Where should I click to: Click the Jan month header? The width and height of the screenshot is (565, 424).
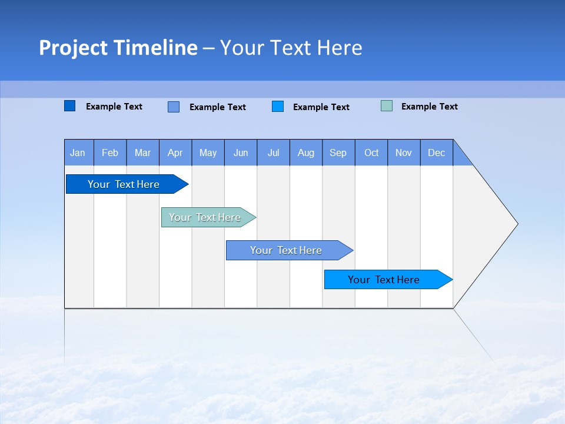pos(78,153)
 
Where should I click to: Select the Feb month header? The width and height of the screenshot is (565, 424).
pos(110,153)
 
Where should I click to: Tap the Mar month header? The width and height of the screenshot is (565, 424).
pos(142,153)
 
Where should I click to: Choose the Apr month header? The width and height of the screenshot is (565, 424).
pos(175,153)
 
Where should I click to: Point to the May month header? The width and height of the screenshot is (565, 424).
pos(208,153)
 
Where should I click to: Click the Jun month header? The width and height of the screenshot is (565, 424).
pos(241,153)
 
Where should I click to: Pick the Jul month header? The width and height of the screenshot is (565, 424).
pos(273,153)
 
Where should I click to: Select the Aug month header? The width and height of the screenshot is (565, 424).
pos(306,153)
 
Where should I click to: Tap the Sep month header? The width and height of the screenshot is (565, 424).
pos(338,153)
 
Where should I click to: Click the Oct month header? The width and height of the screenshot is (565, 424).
pos(371,153)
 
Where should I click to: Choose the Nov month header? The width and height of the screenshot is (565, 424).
pos(404,153)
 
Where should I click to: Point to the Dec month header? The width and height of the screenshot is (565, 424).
pos(437,153)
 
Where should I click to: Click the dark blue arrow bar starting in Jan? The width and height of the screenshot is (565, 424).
pos(124,184)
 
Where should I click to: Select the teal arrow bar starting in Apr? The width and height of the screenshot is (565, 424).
pos(205,217)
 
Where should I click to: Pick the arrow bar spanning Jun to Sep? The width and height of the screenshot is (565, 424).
pos(287,250)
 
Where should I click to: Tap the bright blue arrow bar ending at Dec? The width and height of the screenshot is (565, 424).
pos(384,280)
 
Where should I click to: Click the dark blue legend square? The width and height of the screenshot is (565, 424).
pos(70,106)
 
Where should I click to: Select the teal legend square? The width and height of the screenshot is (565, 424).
pos(387,106)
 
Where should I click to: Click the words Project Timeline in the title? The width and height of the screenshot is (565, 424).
pos(118,48)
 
